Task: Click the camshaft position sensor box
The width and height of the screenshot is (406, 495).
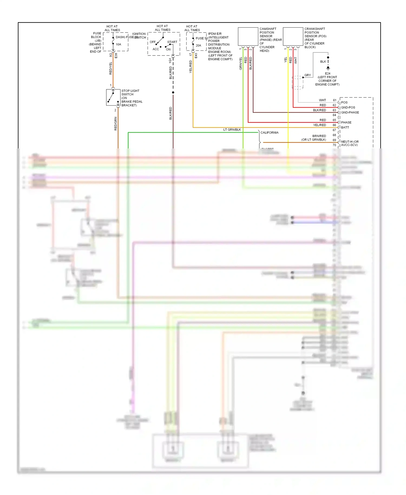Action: (248, 36)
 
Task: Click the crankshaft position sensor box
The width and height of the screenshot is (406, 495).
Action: (293, 36)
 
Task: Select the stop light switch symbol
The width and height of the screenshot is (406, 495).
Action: (113, 97)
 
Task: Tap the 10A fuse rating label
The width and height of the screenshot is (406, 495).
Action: (119, 44)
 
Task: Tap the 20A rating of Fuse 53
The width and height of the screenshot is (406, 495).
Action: (198, 45)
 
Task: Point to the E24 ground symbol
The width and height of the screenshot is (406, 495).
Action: (328, 68)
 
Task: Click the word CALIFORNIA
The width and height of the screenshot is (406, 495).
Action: (269, 133)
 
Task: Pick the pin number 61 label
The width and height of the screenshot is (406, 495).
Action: (335, 100)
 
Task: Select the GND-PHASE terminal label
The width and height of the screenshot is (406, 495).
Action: (350, 112)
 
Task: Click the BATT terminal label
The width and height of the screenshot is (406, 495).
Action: (345, 127)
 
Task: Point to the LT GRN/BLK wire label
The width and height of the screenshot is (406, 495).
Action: (232, 130)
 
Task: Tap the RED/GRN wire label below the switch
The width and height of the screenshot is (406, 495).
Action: (116, 124)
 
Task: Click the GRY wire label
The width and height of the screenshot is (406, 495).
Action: (307, 75)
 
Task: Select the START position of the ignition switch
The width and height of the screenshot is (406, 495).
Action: (172, 42)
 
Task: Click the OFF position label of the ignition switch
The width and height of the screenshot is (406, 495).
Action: (153, 42)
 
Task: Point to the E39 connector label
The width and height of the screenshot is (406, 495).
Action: (116, 56)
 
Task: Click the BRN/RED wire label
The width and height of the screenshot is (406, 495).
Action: (319, 136)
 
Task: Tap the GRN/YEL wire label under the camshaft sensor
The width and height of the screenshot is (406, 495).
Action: (241, 64)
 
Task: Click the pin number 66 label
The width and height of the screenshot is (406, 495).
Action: (335, 125)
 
